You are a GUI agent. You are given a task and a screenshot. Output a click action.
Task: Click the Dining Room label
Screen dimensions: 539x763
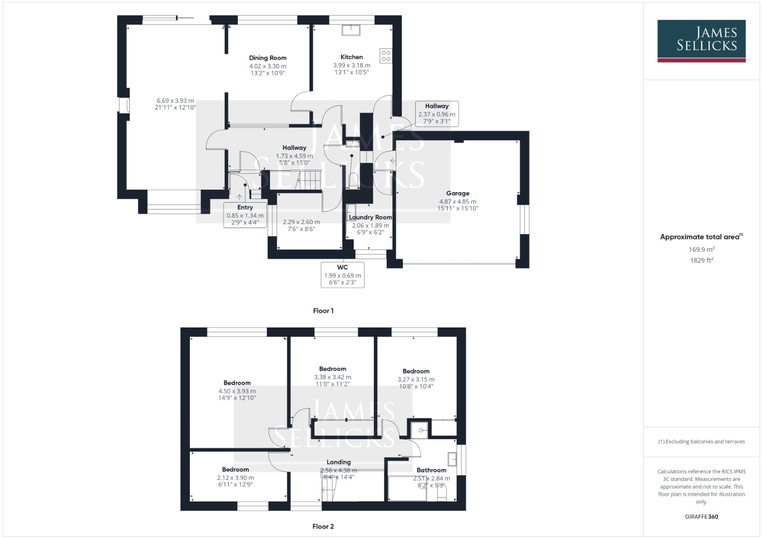tap(267, 58)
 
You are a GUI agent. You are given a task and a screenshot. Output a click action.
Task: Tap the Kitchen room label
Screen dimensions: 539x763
tap(351, 57)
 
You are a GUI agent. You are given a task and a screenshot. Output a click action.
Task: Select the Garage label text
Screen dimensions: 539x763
tap(458, 193)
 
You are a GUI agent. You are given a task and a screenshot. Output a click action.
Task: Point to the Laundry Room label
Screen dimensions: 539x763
tap(370, 217)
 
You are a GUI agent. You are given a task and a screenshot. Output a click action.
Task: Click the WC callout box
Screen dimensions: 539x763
tap(342, 274)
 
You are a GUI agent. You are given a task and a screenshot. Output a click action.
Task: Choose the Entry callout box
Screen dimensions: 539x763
tap(245, 215)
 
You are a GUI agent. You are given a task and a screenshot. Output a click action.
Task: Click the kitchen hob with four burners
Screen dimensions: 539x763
tap(386, 55)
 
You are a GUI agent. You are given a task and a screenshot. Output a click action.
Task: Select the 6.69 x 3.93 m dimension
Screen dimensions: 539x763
tap(175, 101)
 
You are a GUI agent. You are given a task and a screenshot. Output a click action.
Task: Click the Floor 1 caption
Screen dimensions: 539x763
tap(323, 310)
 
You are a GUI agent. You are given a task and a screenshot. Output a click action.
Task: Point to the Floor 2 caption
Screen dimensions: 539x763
tap(323, 526)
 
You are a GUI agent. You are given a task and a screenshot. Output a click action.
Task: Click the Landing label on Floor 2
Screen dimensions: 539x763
tap(338, 462)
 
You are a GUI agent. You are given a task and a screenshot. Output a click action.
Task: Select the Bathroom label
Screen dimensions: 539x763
tap(431, 470)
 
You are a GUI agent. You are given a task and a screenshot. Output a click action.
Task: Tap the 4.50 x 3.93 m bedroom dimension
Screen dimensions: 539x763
tap(237, 391)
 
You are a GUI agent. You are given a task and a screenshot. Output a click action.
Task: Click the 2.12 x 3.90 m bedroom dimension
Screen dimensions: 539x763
tap(235, 478)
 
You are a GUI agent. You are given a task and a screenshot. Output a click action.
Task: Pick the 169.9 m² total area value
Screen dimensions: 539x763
tap(702, 249)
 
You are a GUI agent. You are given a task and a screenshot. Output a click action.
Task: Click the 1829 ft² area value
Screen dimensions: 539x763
tap(702, 260)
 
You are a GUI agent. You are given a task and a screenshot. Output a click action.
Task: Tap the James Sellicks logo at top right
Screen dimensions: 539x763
tap(701, 41)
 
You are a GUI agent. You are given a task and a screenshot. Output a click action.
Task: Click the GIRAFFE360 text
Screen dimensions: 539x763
tap(701, 517)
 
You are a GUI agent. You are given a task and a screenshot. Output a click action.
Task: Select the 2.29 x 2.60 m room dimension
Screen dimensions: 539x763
tap(301, 222)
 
